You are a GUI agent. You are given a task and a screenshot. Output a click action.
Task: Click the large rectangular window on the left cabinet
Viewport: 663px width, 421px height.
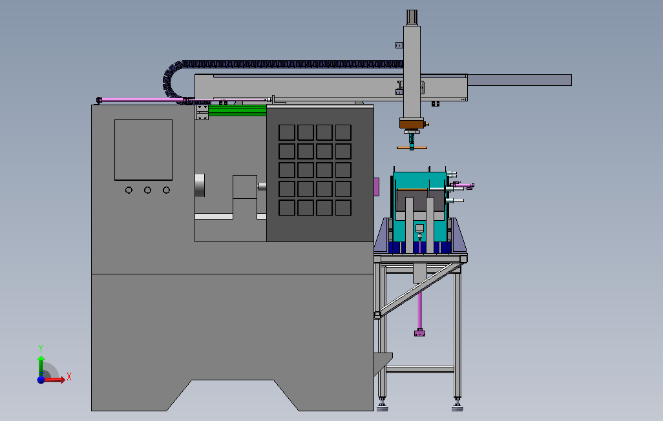pyautogui.click(x=143, y=150)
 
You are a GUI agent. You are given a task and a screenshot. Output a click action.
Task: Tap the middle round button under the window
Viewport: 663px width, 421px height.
pyautogui.click(x=148, y=190)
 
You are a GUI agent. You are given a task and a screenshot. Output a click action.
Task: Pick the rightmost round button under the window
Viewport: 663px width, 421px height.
pyautogui.click(x=167, y=190)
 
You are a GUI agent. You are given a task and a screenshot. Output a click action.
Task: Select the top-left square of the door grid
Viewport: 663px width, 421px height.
pyautogui.click(x=286, y=132)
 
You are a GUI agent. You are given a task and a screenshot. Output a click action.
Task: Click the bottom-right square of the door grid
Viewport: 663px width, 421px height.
pyautogui.click(x=343, y=208)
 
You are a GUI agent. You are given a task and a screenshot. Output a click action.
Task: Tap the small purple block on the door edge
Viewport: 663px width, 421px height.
pyautogui.click(x=377, y=185)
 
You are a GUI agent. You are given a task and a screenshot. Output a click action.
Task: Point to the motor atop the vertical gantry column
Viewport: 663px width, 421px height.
pyautogui.click(x=412, y=17)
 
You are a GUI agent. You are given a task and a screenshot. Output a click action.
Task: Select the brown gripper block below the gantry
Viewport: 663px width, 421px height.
pyautogui.click(x=411, y=124)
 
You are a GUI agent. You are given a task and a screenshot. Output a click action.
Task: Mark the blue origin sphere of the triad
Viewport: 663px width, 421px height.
pyautogui.click(x=41, y=380)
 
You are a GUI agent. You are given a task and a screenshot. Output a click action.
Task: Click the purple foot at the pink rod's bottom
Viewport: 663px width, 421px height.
pyautogui.click(x=420, y=334)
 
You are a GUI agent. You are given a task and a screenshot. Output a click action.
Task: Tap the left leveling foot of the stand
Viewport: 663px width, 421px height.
pyautogui.click(x=383, y=406)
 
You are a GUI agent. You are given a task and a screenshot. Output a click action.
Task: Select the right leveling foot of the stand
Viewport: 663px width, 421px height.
pyautogui.click(x=458, y=406)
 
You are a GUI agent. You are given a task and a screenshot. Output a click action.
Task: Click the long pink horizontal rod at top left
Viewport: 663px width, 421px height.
pyautogui.click(x=139, y=99)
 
